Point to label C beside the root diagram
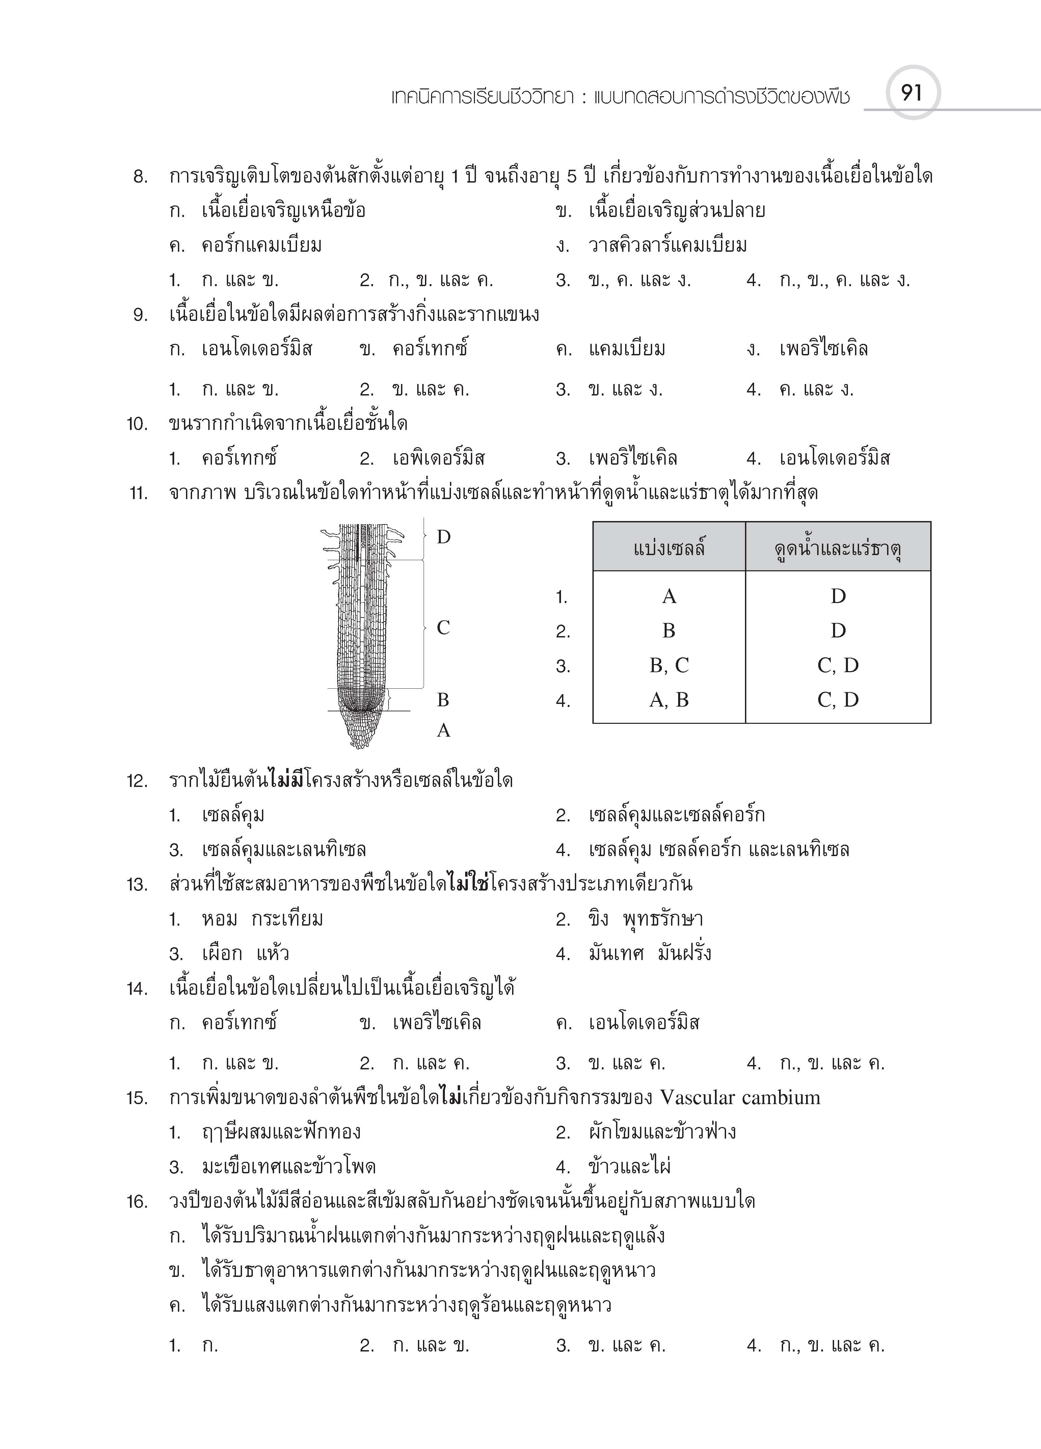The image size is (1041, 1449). pos(443,628)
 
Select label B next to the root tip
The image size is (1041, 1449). pos(443,700)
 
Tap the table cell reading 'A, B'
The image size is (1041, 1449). pos(669,700)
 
